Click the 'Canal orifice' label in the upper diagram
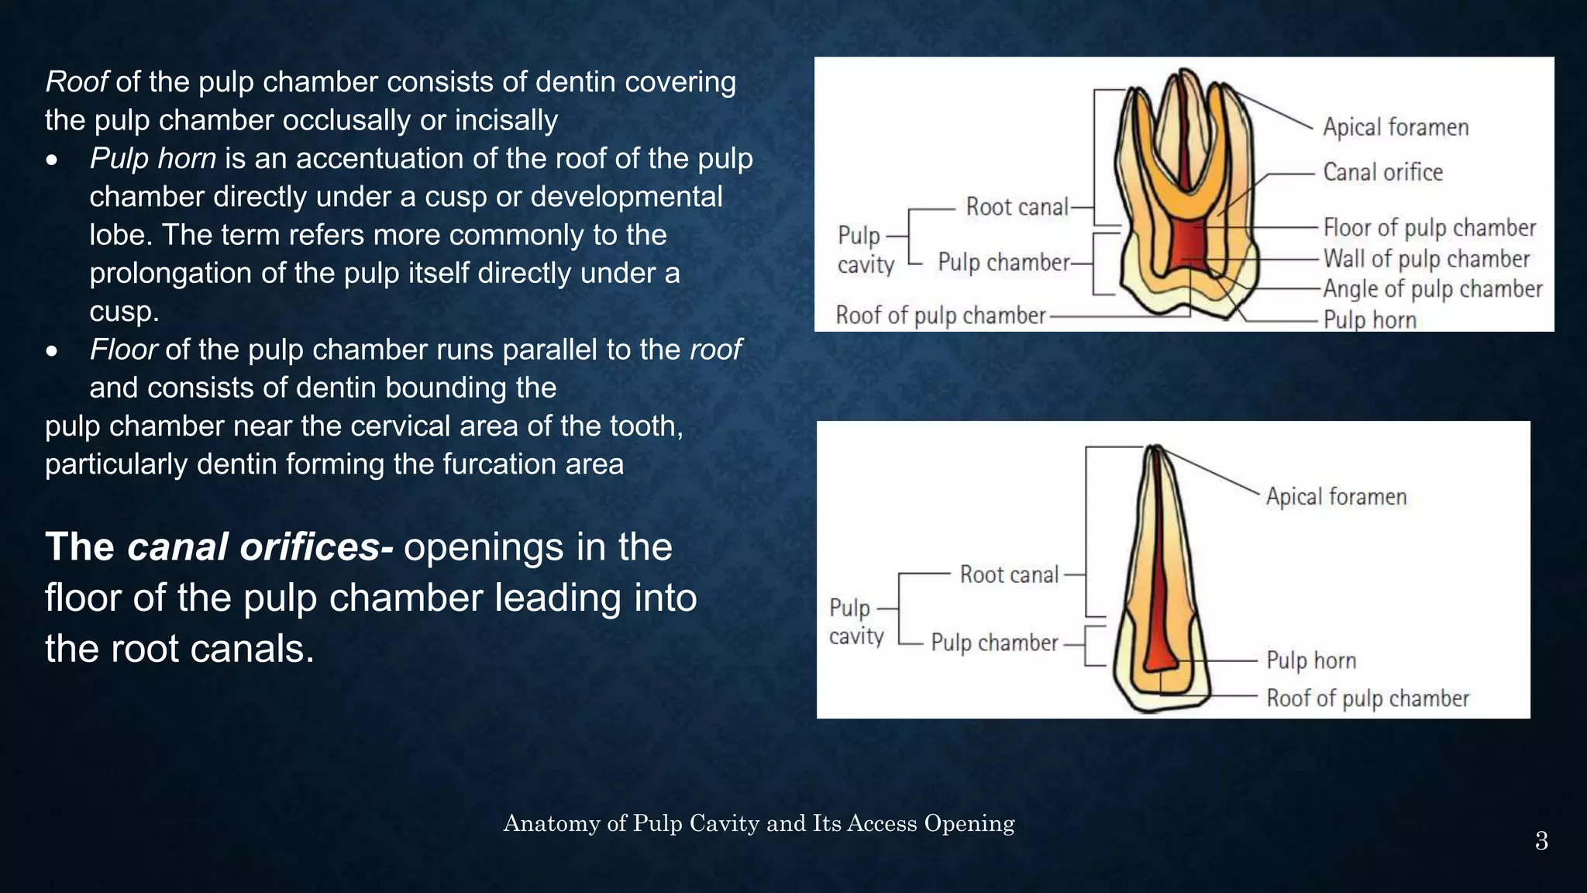click(x=1382, y=172)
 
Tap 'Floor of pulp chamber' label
click(x=1429, y=228)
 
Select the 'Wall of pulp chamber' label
click(x=1426, y=258)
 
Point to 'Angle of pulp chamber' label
click(x=1432, y=289)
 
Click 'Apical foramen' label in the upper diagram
click(x=1395, y=127)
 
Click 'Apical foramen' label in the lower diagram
click(x=1336, y=497)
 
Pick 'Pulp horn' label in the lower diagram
click(x=1311, y=660)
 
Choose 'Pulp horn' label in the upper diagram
click(x=1369, y=319)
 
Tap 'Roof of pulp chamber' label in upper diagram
click(x=941, y=315)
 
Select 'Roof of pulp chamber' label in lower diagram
click(x=1368, y=698)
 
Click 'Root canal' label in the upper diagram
click(x=1017, y=207)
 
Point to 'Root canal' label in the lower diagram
click(x=1009, y=574)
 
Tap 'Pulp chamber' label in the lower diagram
click(x=994, y=643)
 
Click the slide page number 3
click(x=1541, y=841)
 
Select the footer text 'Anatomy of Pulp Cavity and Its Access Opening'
click(x=759, y=823)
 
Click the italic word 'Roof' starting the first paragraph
click(x=76, y=81)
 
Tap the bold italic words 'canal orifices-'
click(x=260, y=547)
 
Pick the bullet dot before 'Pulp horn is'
click(x=52, y=160)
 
